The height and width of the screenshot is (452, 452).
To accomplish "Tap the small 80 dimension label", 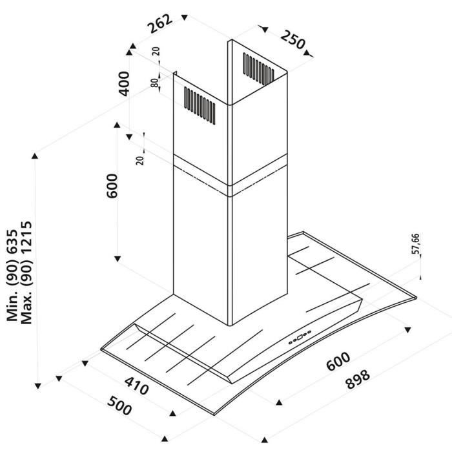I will pos(155,84).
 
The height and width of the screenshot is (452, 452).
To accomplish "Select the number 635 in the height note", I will pos(12,238).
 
